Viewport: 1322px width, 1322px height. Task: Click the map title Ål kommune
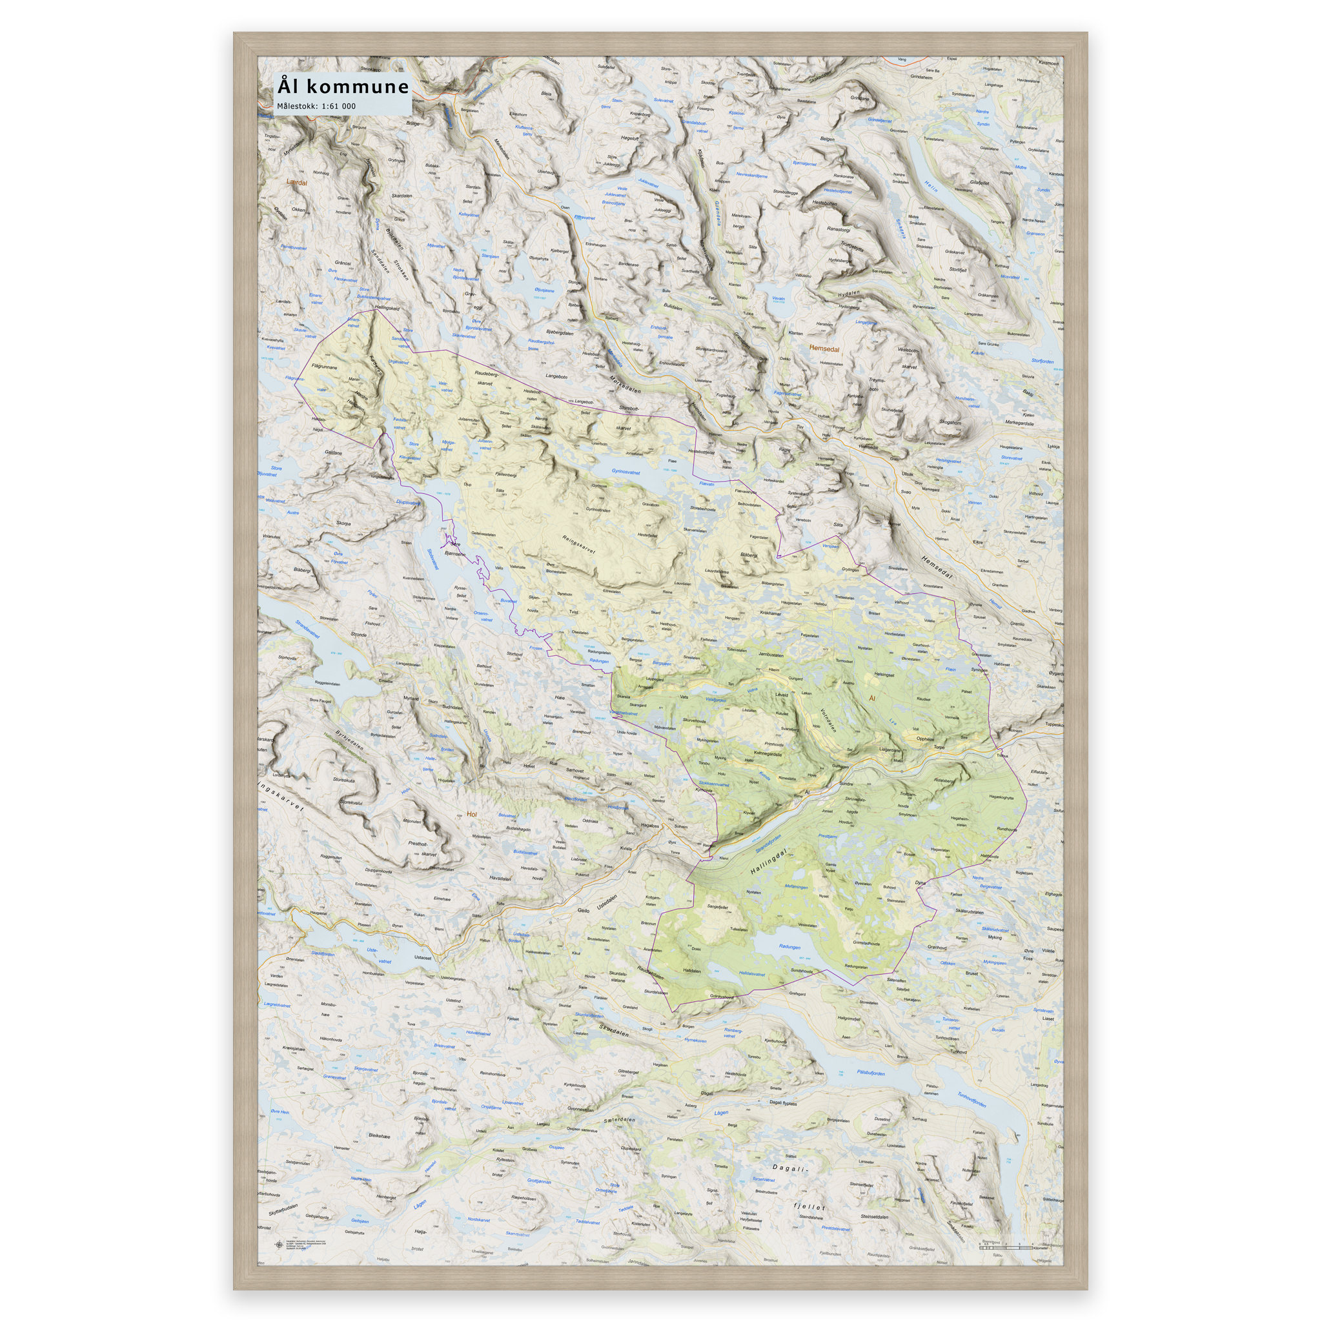point(342,87)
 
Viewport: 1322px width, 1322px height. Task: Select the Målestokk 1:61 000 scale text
point(316,106)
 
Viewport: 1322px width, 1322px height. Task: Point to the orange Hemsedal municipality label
point(824,349)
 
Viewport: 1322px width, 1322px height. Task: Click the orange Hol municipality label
point(470,814)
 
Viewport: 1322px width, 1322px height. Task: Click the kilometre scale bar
point(1006,1248)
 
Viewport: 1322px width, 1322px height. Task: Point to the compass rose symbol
point(278,1245)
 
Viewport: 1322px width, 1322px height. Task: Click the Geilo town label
point(583,911)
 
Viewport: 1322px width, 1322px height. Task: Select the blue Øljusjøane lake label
point(545,290)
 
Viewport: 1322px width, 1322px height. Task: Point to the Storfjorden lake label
point(1043,361)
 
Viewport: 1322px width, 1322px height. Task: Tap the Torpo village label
point(939,748)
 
